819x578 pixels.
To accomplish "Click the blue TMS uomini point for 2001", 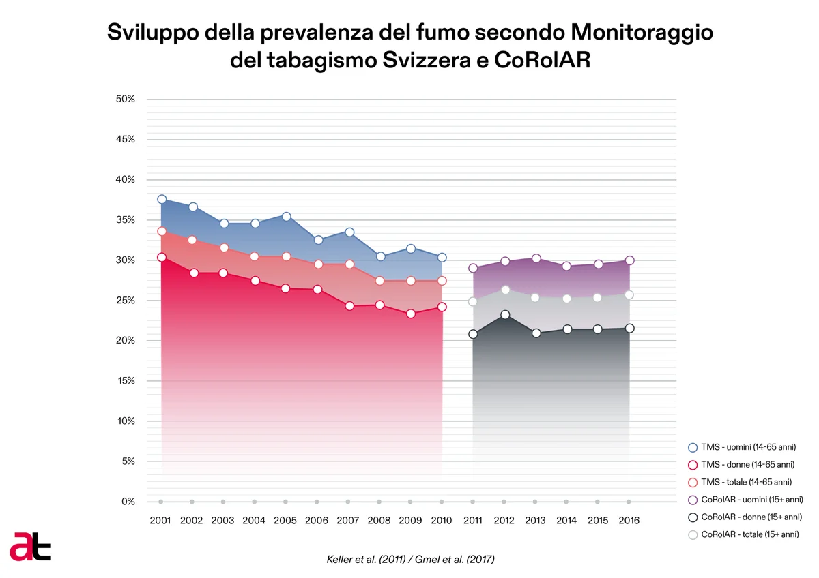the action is click(162, 199).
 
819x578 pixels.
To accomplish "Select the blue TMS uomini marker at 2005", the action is click(287, 217).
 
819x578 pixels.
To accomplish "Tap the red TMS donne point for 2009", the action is click(411, 314).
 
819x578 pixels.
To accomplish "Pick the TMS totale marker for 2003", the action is click(224, 248).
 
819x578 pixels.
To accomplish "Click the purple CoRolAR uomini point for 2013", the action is click(536, 258).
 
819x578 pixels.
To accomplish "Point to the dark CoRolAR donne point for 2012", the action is click(505, 315).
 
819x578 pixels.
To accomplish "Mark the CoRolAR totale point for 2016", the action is click(629, 294).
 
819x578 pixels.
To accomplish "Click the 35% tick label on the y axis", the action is click(126, 219).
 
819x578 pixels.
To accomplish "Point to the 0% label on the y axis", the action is click(128, 502).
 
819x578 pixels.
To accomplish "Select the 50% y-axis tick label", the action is click(126, 99).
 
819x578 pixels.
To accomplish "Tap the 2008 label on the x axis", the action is click(379, 520).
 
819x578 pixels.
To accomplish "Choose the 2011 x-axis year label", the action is click(473, 520).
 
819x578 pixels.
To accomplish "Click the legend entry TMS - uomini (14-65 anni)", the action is click(743, 447).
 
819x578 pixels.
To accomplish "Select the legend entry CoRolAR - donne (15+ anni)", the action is click(745, 517).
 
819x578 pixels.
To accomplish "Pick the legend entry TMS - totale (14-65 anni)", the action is click(741, 482).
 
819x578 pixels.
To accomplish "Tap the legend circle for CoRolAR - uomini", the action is click(693, 500).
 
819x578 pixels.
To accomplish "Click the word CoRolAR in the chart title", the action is click(542, 60).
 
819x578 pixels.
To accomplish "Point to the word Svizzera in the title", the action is click(427, 60).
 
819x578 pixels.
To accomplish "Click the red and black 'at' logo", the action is click(30, 547).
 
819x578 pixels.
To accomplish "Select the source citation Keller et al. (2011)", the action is click(366, 560).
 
